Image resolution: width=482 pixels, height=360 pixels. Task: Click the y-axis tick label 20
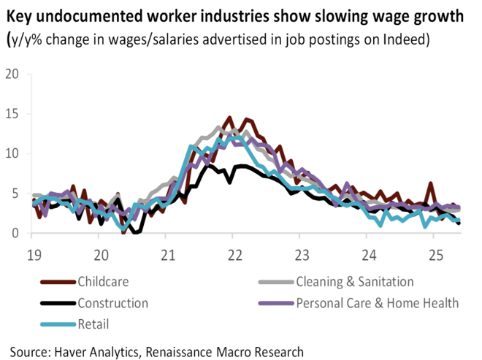[12, 74]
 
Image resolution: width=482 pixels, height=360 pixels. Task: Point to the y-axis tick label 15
[12, 114]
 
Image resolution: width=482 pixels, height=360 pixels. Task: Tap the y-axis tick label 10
[12, 153]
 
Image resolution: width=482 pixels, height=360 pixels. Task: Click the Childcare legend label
[107, 282]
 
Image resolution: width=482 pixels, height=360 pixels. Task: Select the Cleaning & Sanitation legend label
[355, 282]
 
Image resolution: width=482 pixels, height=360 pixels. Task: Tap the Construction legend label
[112, 303]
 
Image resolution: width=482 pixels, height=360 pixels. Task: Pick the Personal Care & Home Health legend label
[377, 303]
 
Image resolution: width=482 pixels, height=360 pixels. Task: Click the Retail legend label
[93, 323]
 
